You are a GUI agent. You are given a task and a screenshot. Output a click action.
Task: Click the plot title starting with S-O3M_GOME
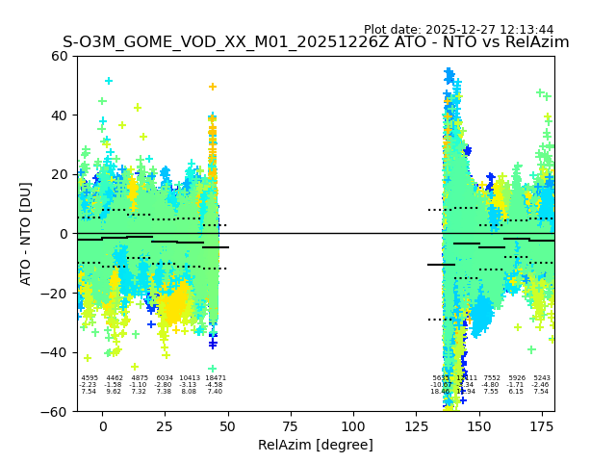click(316, 42)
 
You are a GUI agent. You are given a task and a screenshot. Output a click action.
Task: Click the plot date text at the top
click(458, 30)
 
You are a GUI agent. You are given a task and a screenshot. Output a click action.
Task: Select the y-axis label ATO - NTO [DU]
click(26, 233)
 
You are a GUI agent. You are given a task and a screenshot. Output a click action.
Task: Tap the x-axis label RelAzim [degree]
click(316, 445)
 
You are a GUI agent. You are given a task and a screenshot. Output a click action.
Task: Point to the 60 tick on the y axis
click(59, 56)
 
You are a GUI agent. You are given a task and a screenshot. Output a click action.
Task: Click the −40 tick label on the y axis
click(55, 352)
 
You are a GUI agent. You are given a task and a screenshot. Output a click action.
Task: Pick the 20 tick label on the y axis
click(59, 174)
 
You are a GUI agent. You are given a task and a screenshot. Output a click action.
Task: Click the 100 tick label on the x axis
click(353, 426)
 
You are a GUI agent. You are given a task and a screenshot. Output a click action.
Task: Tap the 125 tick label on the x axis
click(416, 426)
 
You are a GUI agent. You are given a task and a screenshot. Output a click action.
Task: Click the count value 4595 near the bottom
click(90, 378)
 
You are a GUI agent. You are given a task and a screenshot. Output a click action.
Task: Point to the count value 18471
click(215, 378)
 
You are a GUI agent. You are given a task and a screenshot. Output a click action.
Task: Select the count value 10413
click(190, 378)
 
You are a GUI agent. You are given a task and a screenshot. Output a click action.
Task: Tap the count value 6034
click(165, 378)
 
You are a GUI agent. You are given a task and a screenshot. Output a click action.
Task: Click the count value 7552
click(492, 378)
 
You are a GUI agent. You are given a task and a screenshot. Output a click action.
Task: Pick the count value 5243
click(542, 378)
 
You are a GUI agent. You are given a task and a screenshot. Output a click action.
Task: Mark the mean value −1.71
click(517, 385)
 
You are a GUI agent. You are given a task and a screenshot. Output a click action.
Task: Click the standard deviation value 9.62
click(115, 392)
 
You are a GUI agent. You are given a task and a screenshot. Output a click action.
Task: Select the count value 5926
click(517, 378)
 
